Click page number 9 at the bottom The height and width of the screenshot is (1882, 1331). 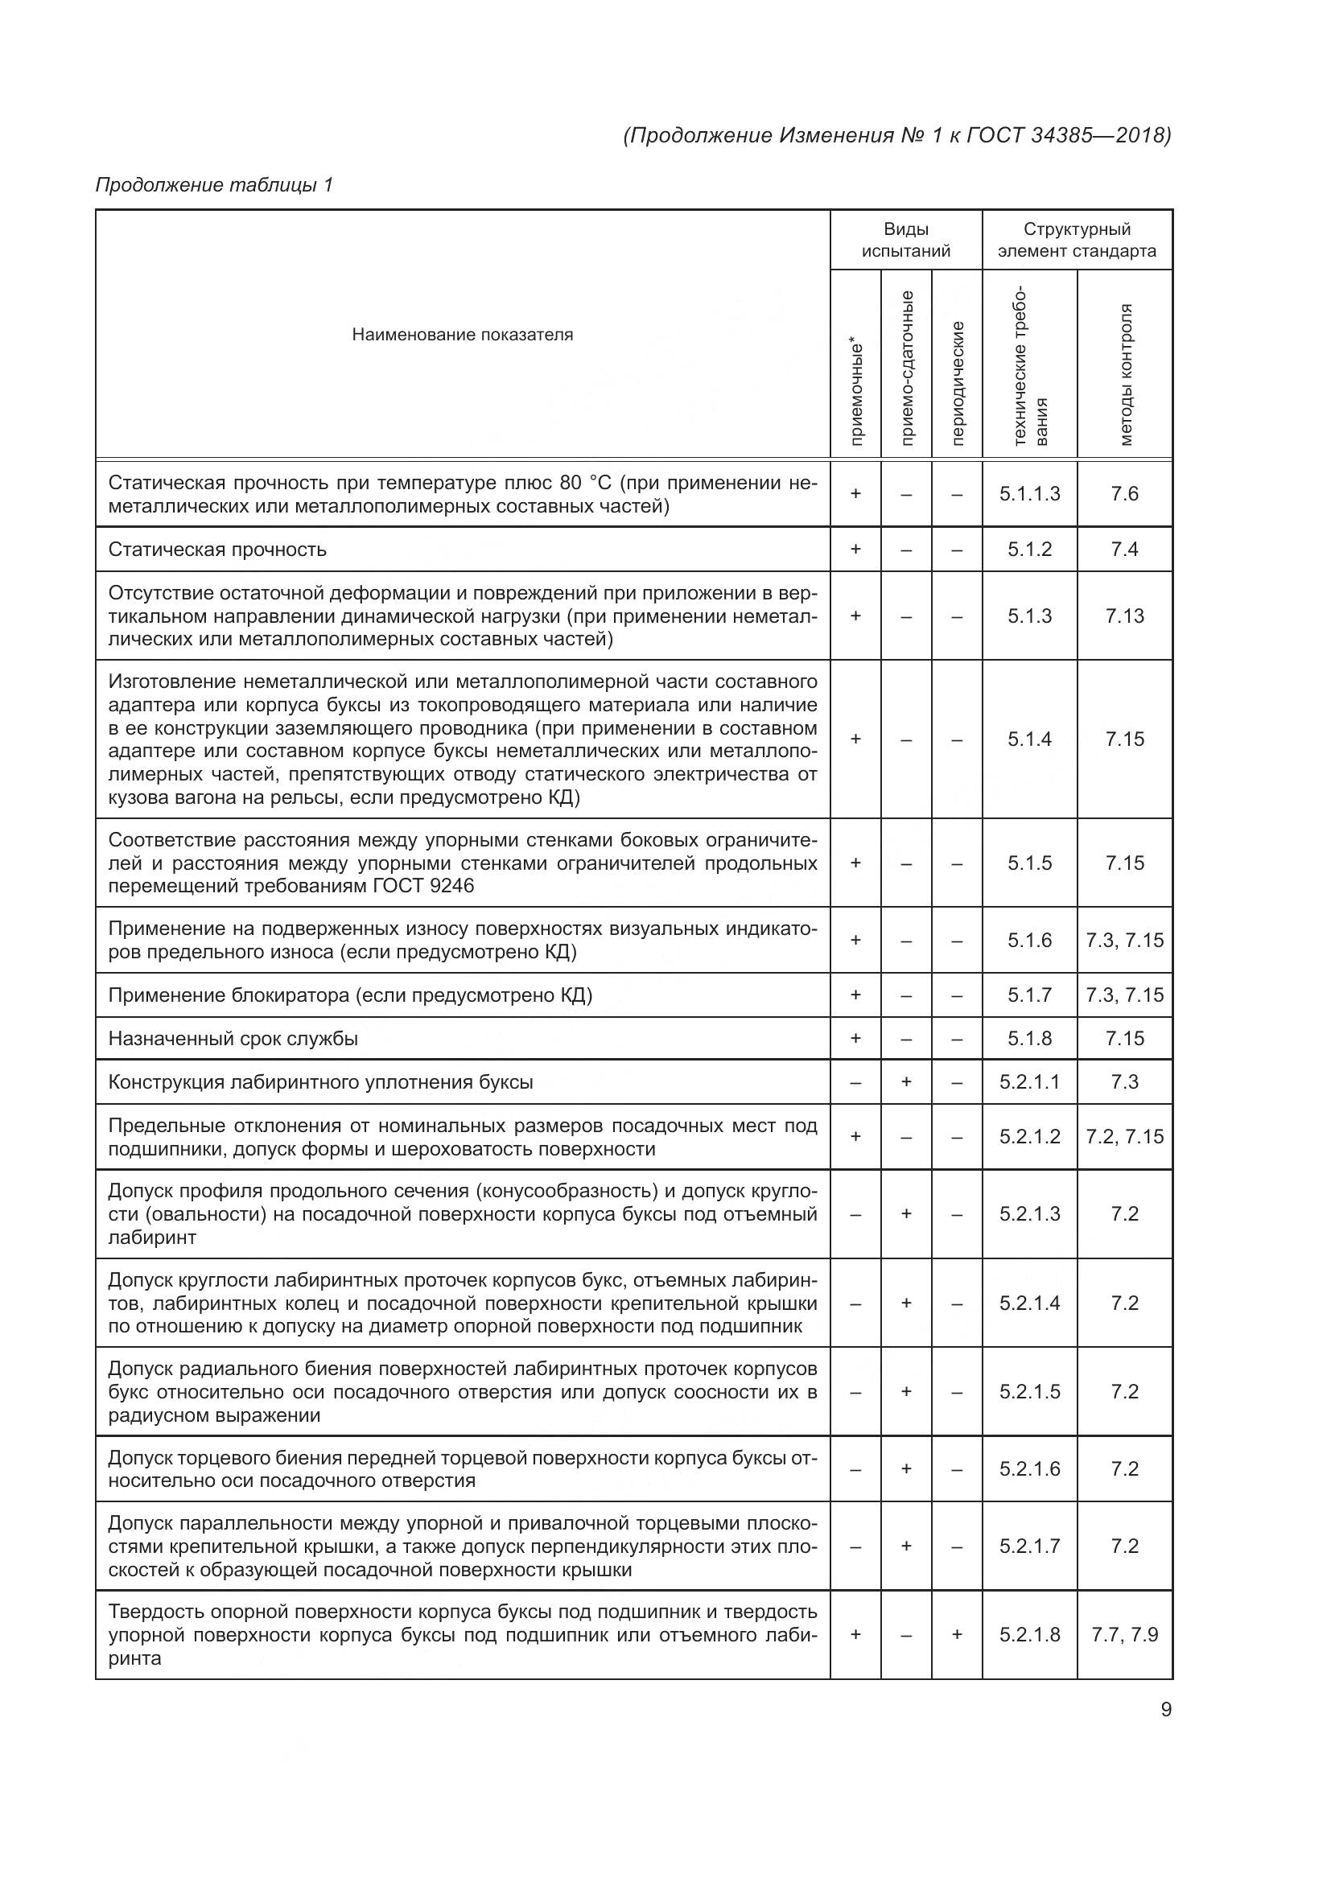point(1165,1710)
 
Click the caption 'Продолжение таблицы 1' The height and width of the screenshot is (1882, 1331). point(215,185)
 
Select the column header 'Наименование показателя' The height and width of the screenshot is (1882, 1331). point(462,335)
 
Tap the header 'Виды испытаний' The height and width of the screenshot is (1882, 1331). point(905,240)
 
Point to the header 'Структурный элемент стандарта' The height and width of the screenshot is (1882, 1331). point(1077,240)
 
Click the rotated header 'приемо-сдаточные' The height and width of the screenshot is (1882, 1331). point(906,368)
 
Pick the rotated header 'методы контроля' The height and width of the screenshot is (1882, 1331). point(1125,375)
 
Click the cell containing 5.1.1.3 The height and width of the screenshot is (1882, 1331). point(1029,493)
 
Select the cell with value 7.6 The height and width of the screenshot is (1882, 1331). point(1124,493)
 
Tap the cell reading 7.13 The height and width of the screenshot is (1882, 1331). point(1124,616)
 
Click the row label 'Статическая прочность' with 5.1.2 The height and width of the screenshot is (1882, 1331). point(217,550)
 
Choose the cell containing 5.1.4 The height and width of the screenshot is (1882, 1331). point(1029,739)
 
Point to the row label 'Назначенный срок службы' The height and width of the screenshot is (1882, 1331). point(233,1039)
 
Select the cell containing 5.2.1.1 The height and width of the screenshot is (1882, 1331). point(1029,1082)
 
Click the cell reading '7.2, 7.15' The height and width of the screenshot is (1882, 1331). point(1124,1137)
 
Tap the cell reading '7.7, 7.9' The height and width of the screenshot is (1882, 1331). point(1124,1634)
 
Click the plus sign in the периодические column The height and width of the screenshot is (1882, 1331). point(957,1634)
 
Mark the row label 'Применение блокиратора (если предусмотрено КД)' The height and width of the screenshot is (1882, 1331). point(350,995)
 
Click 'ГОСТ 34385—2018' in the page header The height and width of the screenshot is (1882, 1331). point(1069,135)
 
